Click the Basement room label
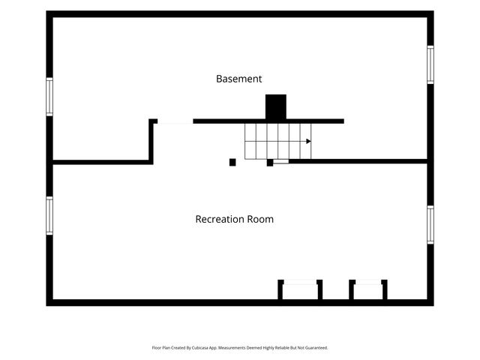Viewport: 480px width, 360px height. coord(238,79)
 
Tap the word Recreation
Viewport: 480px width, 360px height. coord(220,219)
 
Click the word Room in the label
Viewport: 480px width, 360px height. coord(260,219)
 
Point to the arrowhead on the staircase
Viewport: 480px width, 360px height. coord(308,141)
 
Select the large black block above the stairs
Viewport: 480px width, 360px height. coord(276,106)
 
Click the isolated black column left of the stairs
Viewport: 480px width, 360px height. coord(232,162)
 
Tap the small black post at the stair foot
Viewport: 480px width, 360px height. coord(270,163)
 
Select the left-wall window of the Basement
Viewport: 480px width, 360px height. coord(49,97)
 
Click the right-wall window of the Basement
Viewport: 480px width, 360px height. coord(430,64)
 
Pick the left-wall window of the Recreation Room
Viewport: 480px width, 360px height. coord(49,216)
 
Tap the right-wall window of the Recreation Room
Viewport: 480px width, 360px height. coord(430,225)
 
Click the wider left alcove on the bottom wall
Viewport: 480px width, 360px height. coord(300,290)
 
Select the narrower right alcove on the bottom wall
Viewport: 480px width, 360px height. coord(368,290)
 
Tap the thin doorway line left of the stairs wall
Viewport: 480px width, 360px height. coord(175,123)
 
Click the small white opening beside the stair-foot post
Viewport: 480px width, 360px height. coord(281,161)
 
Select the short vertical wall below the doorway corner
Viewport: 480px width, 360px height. coord(151,142)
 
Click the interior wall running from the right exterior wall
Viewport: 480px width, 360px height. coord(358,161)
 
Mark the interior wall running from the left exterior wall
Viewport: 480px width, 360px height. coord(101,162)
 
